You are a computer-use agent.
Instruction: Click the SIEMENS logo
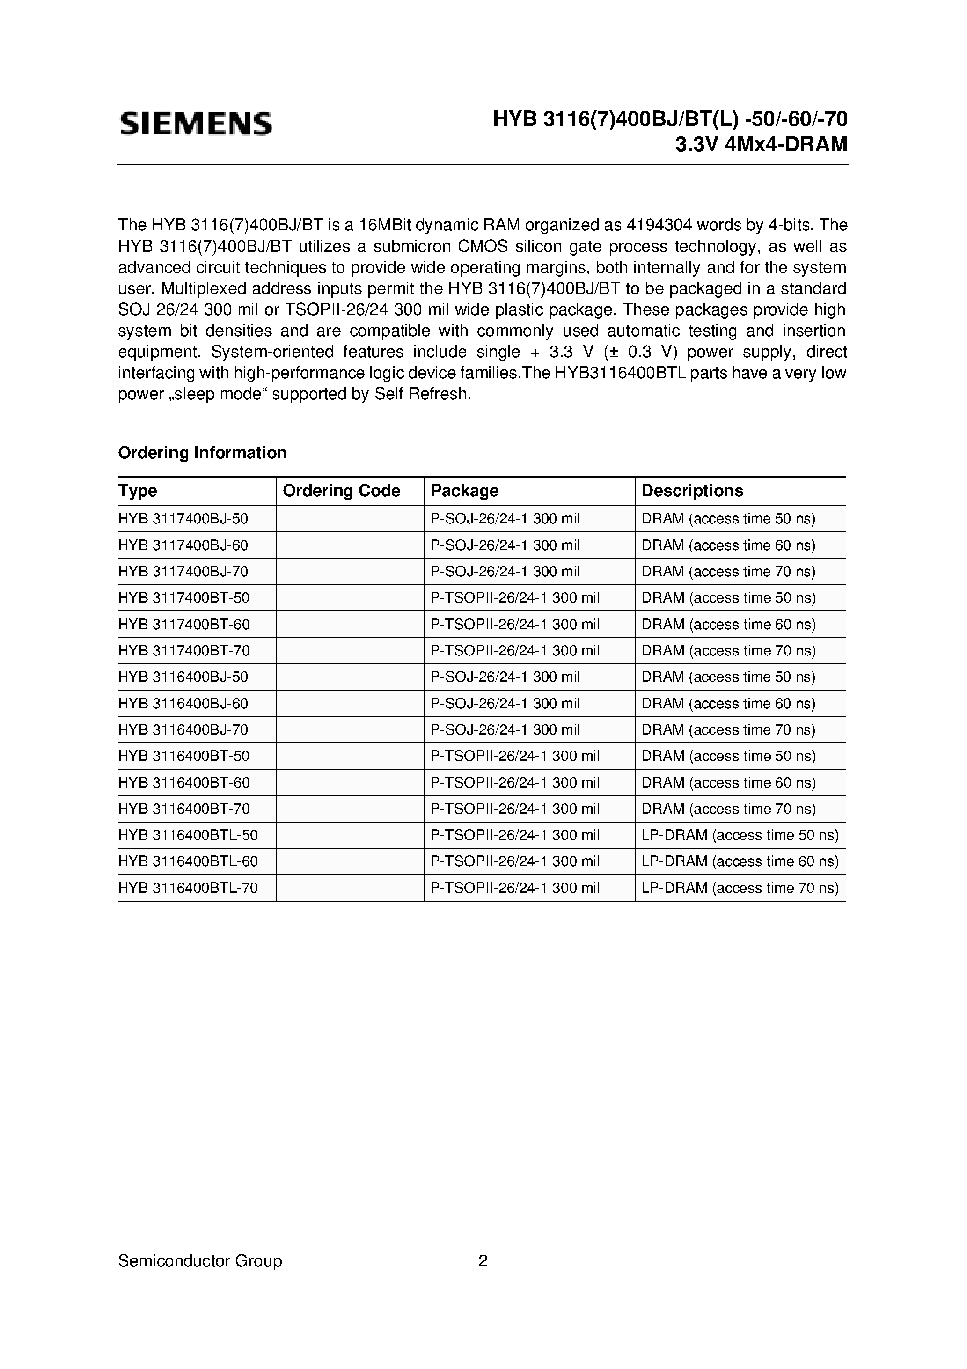(x=196, y=124)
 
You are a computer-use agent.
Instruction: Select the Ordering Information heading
(x=202, y=453)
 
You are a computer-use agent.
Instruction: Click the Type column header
(x=138, y=491)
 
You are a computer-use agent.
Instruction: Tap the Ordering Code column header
(x=341, y=491)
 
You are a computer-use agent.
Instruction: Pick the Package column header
(x=464, y=491)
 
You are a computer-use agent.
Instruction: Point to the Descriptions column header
(x=692, y=491)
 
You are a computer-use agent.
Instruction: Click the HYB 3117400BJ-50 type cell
(x=183, y=519)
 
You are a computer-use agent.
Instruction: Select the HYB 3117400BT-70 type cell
(x=183, y=650)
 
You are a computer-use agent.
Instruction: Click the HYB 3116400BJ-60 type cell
(x=183, y=704)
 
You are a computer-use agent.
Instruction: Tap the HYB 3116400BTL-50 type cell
(x=188, y=835)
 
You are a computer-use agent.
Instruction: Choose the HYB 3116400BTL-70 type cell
(x=188, y=888)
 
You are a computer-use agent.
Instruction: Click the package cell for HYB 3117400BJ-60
(x=505, y=545)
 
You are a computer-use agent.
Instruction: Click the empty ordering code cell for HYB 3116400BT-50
(x=349, y=756)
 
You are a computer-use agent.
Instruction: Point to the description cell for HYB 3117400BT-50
(x=728, y=598)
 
